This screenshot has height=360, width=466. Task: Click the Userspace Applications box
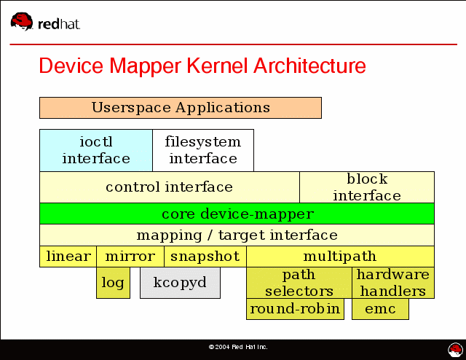click(180, 108)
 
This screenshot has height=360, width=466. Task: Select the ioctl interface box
click(95, 150)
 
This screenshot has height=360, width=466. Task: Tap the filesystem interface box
click(202, 150)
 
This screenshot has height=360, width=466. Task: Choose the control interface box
click(169, 187)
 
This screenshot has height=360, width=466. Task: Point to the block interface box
click(366, 187)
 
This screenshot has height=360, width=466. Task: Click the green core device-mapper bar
click(237, 214)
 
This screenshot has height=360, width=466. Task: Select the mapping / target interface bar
click(237, 235)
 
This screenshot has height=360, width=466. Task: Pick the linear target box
click(68, 257)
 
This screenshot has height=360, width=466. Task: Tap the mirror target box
click(130, 257)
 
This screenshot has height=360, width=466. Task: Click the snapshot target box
click(205, 257)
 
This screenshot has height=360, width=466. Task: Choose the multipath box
click(339, 257)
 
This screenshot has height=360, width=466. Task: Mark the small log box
click(113, 283)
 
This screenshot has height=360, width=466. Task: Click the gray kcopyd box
click(179, 283)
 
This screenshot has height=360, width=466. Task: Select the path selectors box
click(299, 283)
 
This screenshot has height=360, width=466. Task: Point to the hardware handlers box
click(392, 283)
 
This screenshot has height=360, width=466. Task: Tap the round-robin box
click(294, 309)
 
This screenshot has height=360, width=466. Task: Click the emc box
click(380, 309)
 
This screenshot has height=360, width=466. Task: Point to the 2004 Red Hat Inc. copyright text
click(238, 347)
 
